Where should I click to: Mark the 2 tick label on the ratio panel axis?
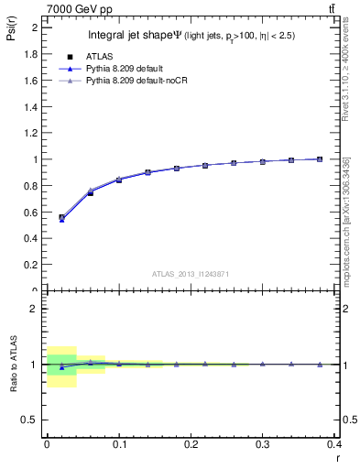[37, 309]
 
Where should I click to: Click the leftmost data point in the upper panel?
[61, 218]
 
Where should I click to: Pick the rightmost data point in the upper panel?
[319, 159]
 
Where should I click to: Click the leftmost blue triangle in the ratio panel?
[61, 367]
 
